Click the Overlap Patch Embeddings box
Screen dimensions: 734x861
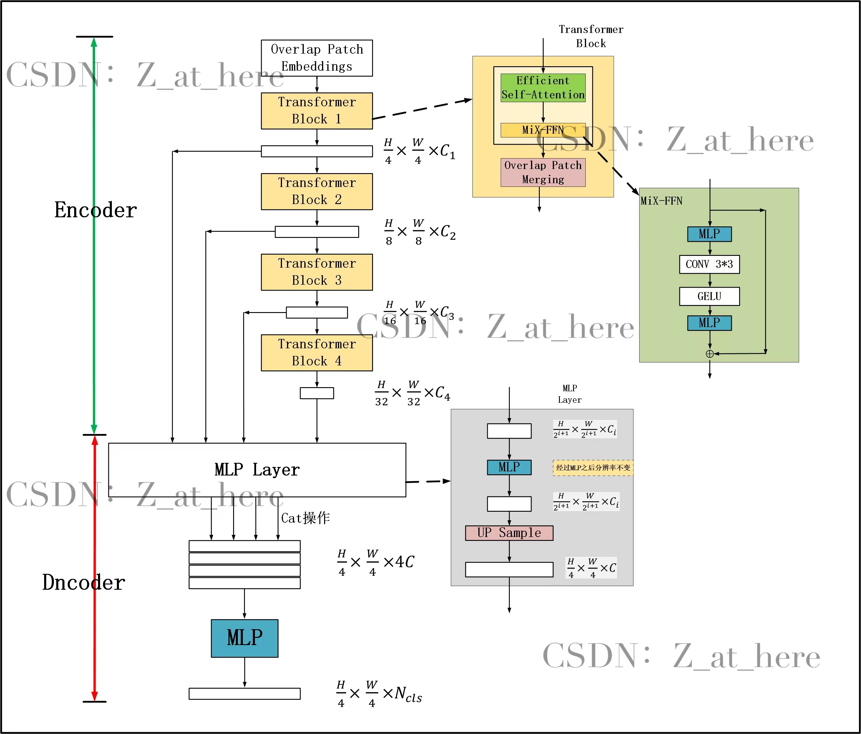pos(317,58)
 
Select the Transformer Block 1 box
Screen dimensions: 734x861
pos(317,111)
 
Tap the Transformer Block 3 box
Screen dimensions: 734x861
pos(317,272)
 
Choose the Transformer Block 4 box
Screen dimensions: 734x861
pos(317,352)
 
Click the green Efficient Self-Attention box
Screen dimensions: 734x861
pos(543,88)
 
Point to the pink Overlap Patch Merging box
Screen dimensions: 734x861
pos(543,172)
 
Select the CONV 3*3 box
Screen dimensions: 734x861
pos(709,264)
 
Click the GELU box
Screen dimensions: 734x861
pos(709,296)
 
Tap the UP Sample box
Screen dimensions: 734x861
pos(509,533)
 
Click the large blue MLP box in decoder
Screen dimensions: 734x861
pos(244,638)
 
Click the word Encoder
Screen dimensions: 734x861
pos(96,210)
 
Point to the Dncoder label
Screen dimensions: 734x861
pos(84,582)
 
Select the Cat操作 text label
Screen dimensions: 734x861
pos(306,518)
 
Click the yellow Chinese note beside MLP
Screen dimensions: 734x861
pos(593,468)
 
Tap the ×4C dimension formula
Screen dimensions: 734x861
pos(376,562)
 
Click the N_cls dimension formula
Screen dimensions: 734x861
pos(379,693)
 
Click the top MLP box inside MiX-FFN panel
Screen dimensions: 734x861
pos(709,234)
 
